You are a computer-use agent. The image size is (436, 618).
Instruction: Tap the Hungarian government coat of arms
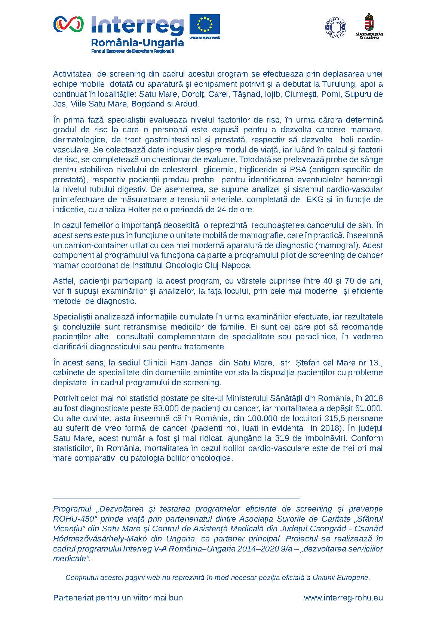click(x=369, y=23)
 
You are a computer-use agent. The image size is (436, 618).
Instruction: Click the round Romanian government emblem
click(x=335, y=27)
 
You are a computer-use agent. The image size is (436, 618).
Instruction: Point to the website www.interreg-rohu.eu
click(x=343, y=597)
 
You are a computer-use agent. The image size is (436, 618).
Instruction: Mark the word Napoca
click(x=236, y=265)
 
